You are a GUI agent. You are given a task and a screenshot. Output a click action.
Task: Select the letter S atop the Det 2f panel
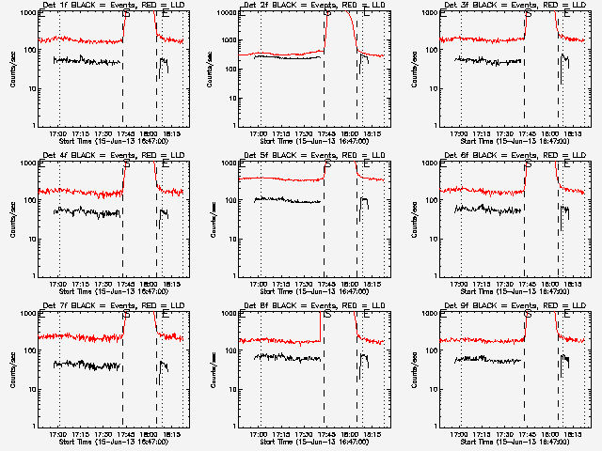(x=326, y=13)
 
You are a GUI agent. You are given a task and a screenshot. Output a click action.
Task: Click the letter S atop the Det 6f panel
(x=528, y=163)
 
